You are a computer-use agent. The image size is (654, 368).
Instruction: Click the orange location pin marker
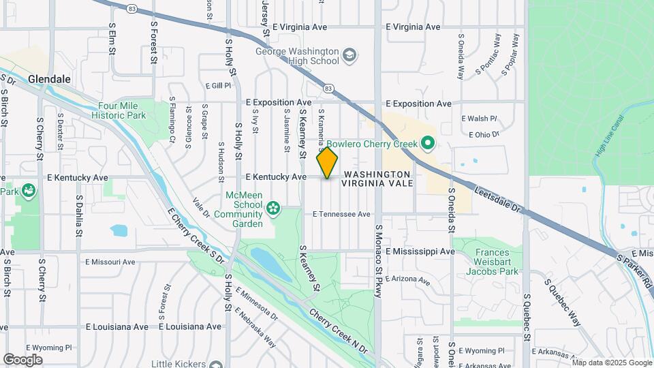click(x=327, y=163)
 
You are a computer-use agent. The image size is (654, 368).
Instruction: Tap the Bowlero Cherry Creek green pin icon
click(x=427, y=144)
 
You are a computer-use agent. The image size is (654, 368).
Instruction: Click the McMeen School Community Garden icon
click(x=273, y=207)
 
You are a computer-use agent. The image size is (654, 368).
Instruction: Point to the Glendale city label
click(x=50, y=79)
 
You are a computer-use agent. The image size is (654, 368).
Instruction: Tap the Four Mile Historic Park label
click(x=122, y=110)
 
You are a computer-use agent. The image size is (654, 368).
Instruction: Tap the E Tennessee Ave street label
click(x=341, y=214)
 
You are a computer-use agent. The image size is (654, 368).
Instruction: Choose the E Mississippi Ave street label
click(x=420, y=251)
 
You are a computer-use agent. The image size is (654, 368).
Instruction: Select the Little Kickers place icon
click(x=217, y=364)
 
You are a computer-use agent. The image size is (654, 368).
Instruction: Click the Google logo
click(x=22, y=359)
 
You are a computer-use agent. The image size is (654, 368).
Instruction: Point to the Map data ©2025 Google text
click(x=611, y=363)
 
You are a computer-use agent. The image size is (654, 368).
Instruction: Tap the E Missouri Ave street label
click(x=110, y=262)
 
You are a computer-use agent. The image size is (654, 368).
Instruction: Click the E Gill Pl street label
click(x=218, y=86)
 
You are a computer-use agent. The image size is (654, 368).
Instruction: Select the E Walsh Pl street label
click(x=480, y=118)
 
